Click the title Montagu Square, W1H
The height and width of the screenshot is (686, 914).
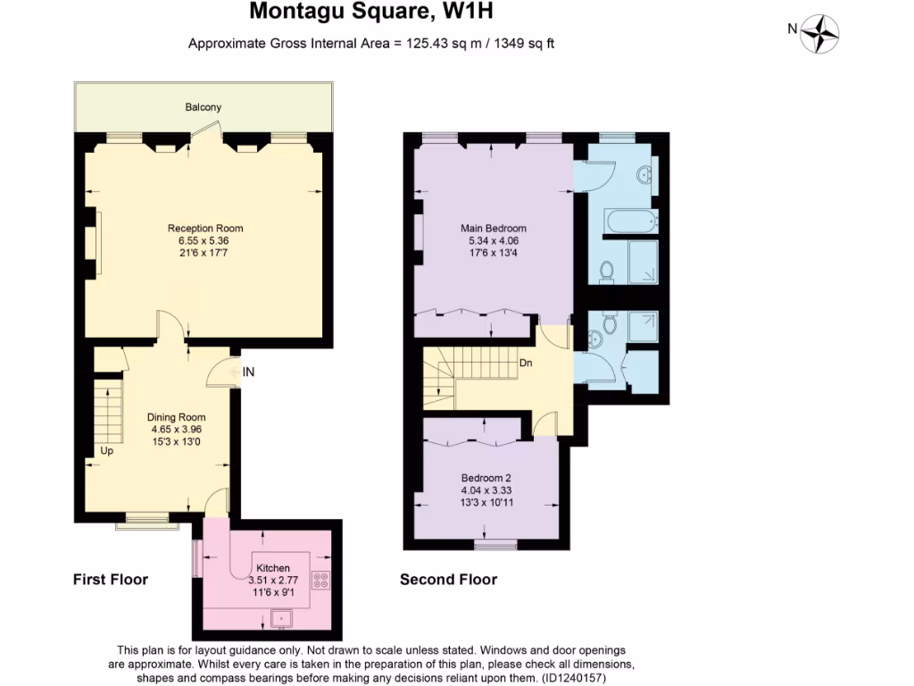(371, 13)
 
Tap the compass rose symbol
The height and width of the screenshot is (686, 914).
(819, 34)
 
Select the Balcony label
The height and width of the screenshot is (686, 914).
(204, 107)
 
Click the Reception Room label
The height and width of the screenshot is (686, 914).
(205, 229)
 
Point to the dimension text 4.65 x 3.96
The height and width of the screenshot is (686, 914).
(178, 429)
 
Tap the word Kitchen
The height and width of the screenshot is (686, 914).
(272, 568)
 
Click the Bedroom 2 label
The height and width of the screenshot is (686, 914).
(486, 477)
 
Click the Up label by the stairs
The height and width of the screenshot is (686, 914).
(106, 450)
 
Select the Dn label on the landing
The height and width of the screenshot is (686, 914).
(528, 364)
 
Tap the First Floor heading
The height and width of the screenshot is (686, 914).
(111, 580)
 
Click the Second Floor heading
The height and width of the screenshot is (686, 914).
(448, 580)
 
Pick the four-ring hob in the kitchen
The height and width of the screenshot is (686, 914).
(321, 581)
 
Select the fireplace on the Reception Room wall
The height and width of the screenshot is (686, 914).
(92, 243)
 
